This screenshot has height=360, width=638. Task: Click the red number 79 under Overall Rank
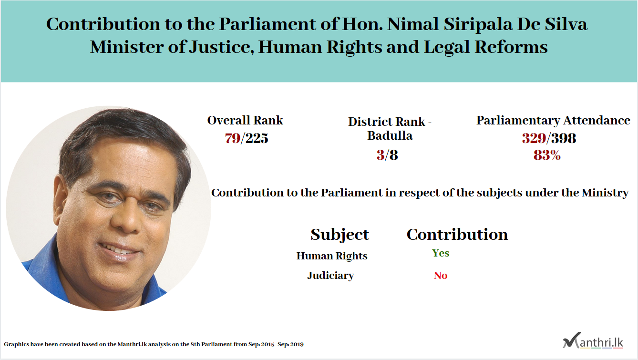pyautogui.click(x=232, y=138)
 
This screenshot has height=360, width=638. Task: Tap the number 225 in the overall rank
pyautogui.click(x=257, y=138)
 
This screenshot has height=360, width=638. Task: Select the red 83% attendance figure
pyautogui.click(x=547, y=155)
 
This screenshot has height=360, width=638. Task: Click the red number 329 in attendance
pyautogui.click(x=534, y=138)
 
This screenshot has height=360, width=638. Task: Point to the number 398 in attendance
pyautogui.click(x=564, y=138)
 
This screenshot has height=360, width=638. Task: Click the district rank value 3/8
pyautogui.click(x=387, y=155)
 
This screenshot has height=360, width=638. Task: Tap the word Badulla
pyautogui.click(x=390, y=135)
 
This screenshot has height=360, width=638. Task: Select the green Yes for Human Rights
pyautogui.click(x=440, y=253)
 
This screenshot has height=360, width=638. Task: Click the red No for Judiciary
pyautogui.click(x=440, y=276)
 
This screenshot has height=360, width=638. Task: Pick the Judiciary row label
pyautogui.click(x=330, y=276)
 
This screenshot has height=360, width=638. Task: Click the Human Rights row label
pyautogui.click(x=332, y=256)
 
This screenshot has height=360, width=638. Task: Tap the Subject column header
pyautogui.click(x=340, y=235)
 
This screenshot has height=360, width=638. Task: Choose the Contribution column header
pyautogui.click(x=457, y=235)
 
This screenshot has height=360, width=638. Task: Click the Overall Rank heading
pyautogui.click(x=245, y=120)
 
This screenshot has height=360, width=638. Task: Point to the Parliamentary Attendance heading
pyautogui.click(x=553, y=121)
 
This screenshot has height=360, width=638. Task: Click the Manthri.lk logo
pyautogui.click(x=593, y=340)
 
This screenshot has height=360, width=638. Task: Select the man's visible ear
pyautogui.click(x=61, y=199)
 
